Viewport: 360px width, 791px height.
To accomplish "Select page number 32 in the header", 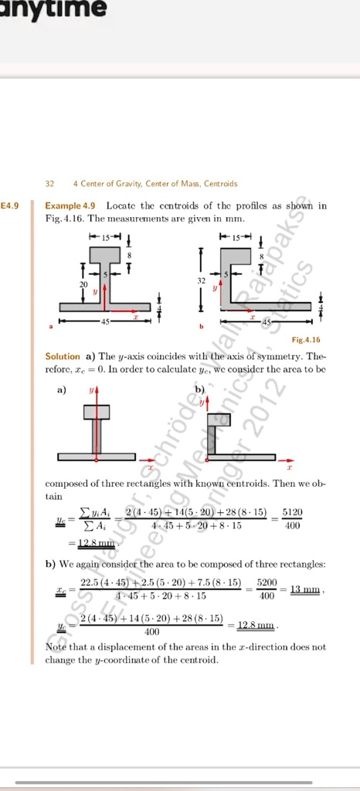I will (x=49, y=184).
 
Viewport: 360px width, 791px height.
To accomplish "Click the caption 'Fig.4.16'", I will (x=306, y=340).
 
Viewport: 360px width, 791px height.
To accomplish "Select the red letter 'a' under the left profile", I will (x=51, y=327).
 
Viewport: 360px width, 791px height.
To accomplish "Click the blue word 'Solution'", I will (x=63, y=357).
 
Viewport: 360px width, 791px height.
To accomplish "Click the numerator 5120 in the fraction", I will (x=293, y=512).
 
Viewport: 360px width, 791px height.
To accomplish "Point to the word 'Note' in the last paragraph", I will (x=56, y=647).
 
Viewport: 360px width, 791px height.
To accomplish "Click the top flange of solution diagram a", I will (x=97, y=412).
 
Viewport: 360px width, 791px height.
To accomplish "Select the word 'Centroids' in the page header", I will (x=220, y=184).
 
